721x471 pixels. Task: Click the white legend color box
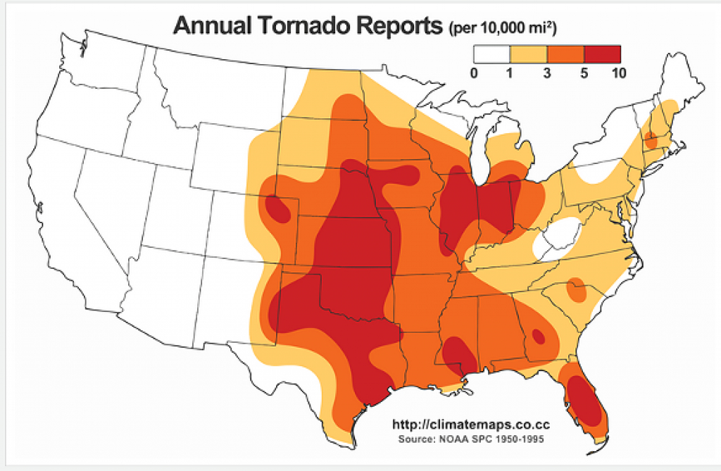click(x=491, y=54)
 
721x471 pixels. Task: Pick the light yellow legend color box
click(x=529, y=54)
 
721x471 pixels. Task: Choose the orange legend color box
click(x=565, y=54)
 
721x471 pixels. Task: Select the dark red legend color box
click(x=602, y=54)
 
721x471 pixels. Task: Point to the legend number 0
click(x=474, y=72)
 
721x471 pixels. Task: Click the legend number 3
click(x=547, y=72)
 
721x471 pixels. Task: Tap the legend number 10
click(x=620, y=72)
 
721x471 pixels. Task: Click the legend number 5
click(x=584, y=72)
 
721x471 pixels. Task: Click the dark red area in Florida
click(x=586, y=401)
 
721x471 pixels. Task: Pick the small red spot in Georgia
click(x=539, y=336)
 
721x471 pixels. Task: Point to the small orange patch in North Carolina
click(x=576, y=289)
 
